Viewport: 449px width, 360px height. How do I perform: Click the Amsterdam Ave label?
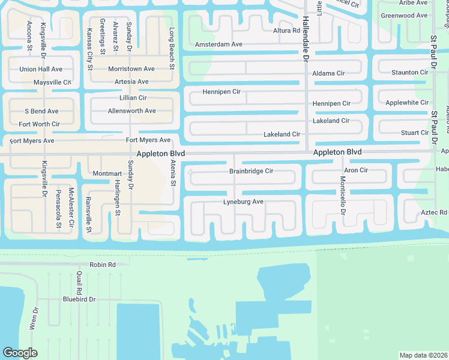(218, 44)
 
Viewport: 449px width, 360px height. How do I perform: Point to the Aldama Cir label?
(328, 73)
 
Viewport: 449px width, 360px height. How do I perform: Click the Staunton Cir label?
(410, 73)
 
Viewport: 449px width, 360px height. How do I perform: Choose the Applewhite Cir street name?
(407, 103)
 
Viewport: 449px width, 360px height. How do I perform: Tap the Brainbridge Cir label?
(251, 171)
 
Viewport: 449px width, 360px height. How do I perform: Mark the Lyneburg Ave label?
(243, 202)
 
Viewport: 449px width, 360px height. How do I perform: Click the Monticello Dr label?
(343, 196)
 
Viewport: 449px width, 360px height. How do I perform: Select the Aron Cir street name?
(356, 170)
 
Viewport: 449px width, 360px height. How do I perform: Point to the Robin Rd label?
(102, 265)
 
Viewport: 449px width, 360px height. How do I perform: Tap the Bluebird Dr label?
(79, 299)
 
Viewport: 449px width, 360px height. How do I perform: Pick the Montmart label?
(107, 173)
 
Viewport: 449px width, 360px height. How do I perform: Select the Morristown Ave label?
(131, 69)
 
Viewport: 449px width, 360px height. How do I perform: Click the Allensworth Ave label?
(131, 111)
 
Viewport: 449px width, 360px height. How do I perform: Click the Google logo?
(20, 353)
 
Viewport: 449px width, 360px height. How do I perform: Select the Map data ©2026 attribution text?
(423, 355)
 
